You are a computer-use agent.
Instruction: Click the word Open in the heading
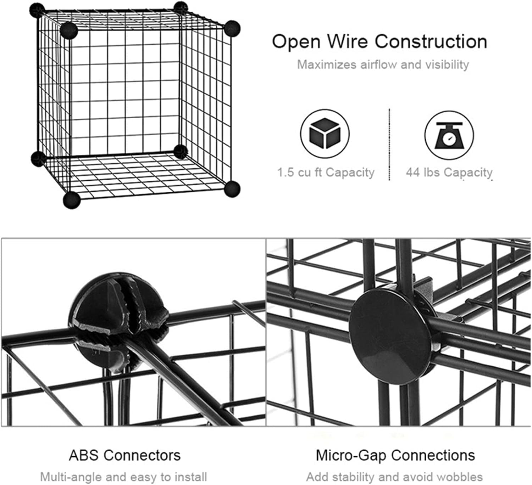pos(297,42)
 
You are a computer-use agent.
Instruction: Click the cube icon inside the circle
pos(325,133)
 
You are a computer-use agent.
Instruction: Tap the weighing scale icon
pos(449,135)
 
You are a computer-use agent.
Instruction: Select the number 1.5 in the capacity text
pos(286,172)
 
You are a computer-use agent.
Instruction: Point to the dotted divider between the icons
pos(389,145)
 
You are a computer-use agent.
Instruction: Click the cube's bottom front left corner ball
pos(72,200)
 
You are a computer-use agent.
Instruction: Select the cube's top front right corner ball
pos(232,28)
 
